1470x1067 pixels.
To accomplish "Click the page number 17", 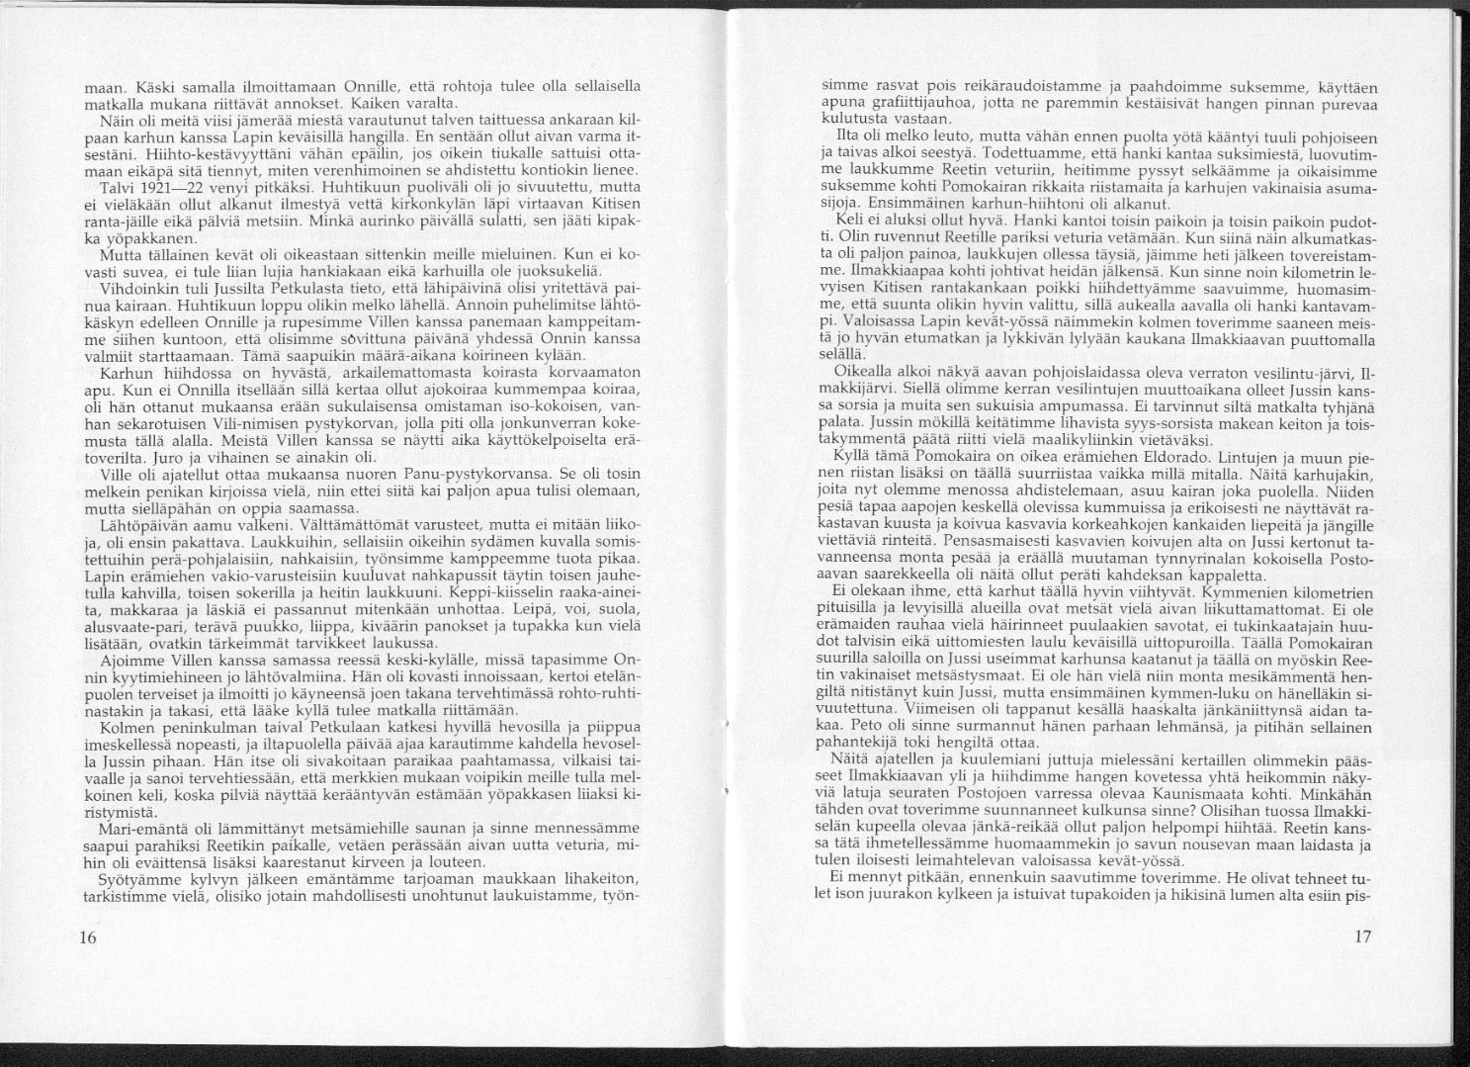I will (1362, 938).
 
